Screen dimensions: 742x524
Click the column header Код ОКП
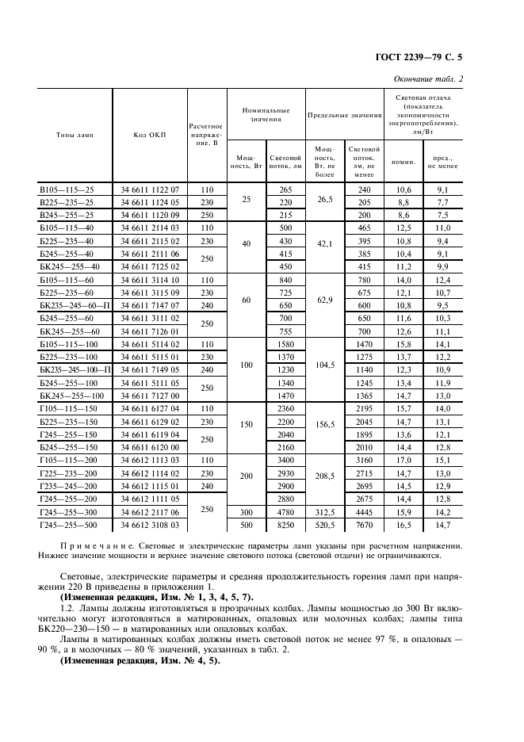pyautogui.click(x=149, y=136)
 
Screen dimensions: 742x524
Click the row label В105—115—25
pyautogui.click(x=67, y=190)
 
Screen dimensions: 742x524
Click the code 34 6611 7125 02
pyautogui.click(x=151, y=267)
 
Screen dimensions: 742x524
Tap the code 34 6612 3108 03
pyautogui.click(x=151, y=526)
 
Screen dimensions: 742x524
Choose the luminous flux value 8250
pyautogui.click(x=286, y=526)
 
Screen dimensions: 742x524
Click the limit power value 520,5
pyautogui.click(x=324, y=526)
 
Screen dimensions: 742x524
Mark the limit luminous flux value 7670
pyautogui.click(x=364, y=526)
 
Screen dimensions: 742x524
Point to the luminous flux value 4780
pyautogui.click(x=286, y=513)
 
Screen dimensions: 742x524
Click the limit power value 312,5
pyautogui.click(x=324, y=513)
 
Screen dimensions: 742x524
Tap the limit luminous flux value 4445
pyautogui.click(x=364, y=513)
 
